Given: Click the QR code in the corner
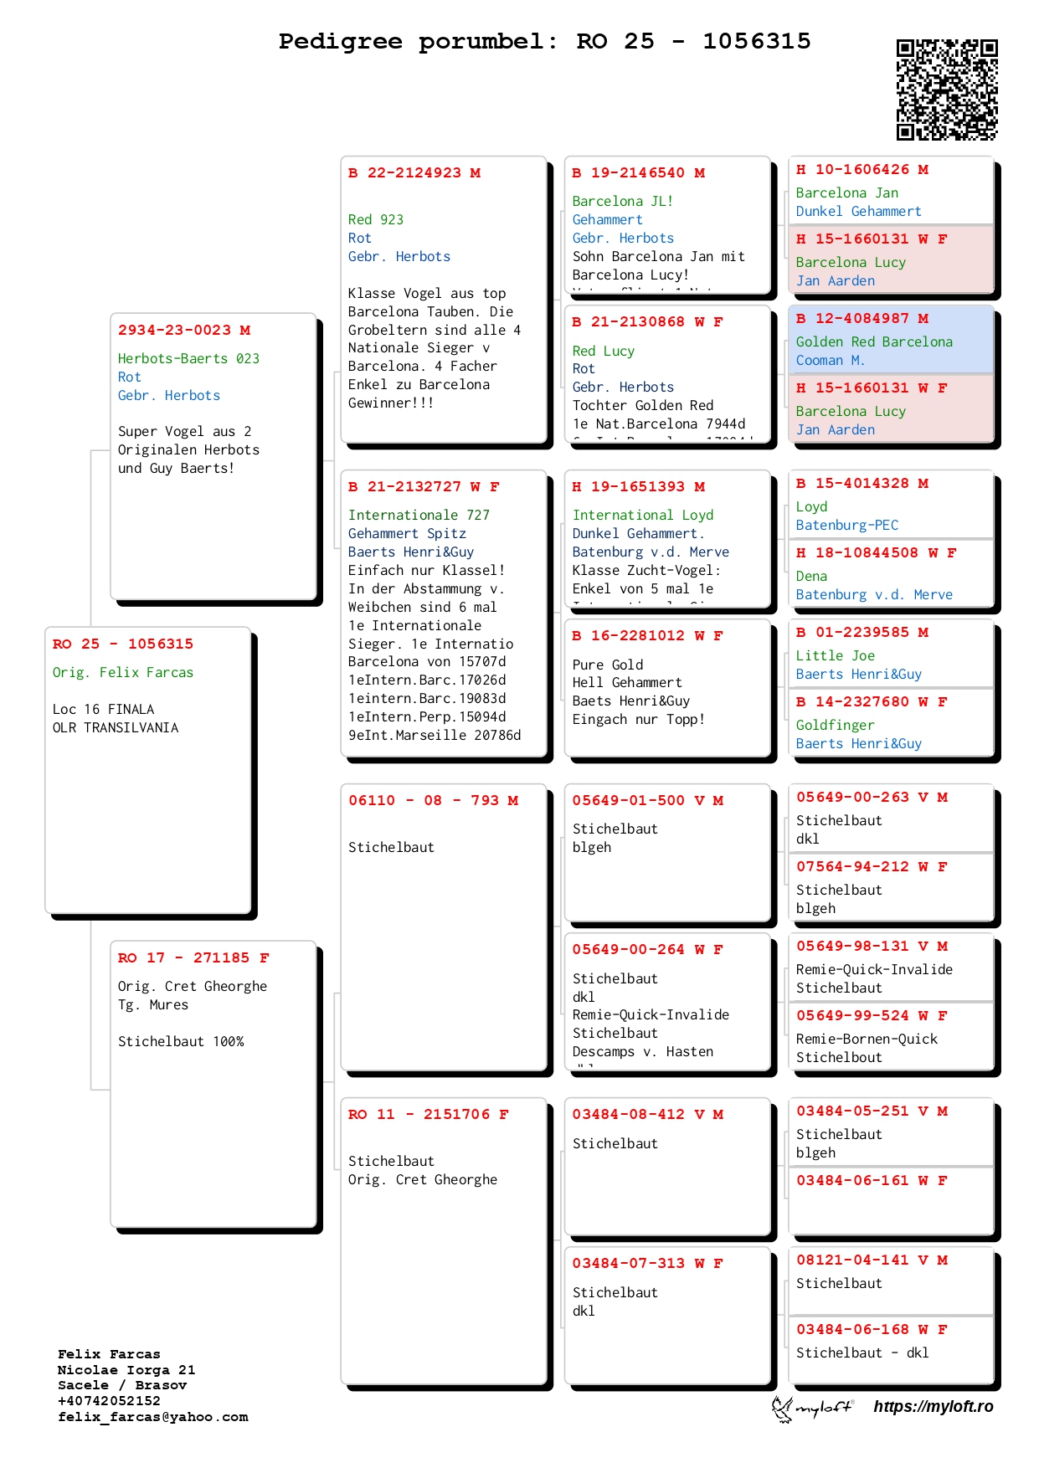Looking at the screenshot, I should click(947, 90).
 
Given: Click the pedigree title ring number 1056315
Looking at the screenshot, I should click(756, 41).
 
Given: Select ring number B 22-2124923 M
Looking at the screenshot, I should click(414, 173).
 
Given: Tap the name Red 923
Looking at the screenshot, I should click(375, 220).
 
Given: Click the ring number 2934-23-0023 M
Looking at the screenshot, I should click(183, 331).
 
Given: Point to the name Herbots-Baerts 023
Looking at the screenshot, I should click(188, 359).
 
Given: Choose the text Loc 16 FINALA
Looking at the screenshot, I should click(103, 710).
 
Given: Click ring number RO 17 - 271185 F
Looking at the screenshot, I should click(193, 958).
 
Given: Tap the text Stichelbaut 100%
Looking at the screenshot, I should click(181, 1042).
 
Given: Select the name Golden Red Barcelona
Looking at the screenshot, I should click(873, 342).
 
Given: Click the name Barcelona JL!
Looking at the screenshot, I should click(622, 202).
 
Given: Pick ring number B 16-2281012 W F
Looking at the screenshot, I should click(647, 636).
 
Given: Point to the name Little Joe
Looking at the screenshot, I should click(835, 656).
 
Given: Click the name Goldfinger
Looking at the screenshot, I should click(835, 726).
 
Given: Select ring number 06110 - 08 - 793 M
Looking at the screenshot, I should click(433, 801).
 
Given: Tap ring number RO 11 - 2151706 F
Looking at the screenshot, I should click(428, 1115).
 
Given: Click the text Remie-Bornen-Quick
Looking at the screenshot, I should click(867, 1039).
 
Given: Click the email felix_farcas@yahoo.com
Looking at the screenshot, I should click(152, 1417).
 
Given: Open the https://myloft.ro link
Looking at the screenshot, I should click(933, 1407).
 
